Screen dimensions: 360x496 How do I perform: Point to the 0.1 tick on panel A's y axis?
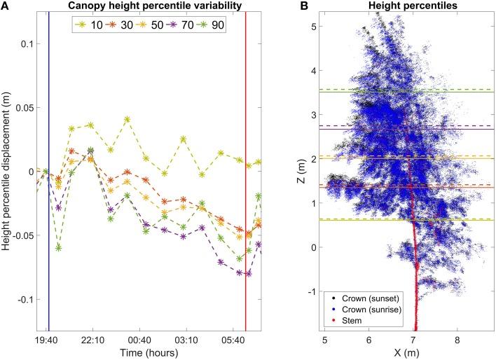click(27, 43)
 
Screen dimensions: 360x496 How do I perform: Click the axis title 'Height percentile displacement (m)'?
click(8, 172)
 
